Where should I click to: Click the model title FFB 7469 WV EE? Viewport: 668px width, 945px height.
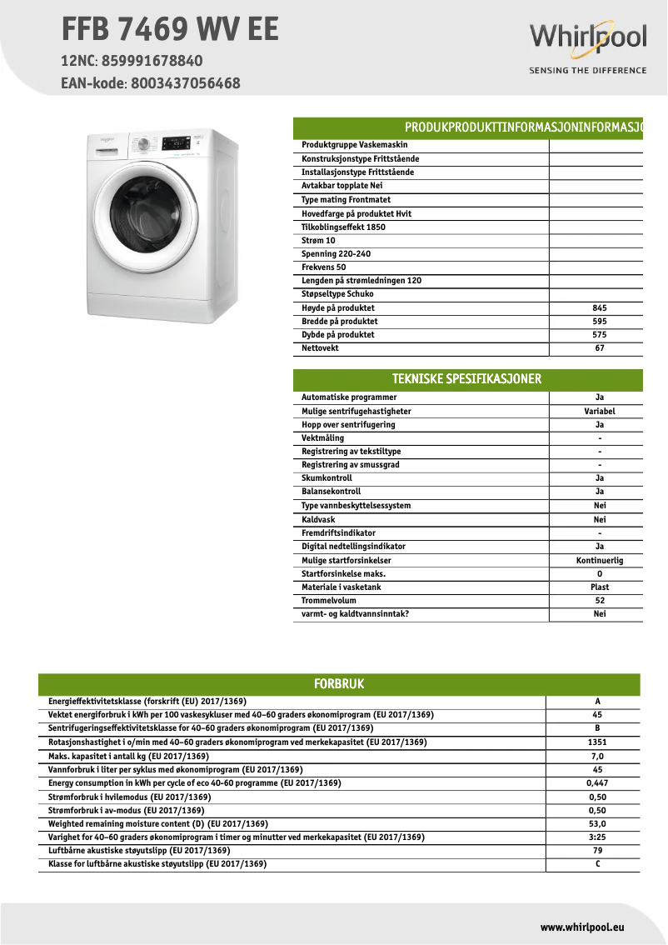pyautogui.click(x=170, y=30)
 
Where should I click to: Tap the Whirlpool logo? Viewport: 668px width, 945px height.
pyautogui.click(x=588, y=39)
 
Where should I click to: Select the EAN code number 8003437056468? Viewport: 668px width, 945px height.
pyautogui.click(x=184, y=83)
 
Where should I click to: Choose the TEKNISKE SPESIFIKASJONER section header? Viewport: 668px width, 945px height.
pyautogui.click(x=467, y=379)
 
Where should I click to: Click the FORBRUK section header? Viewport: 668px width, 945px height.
pyautogui.click(x=339, y=684)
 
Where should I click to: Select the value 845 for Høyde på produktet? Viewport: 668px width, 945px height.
pyautogui.click(x=599, y=307)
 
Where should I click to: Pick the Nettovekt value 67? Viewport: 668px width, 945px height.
pyautogui.click(x=599, y=348)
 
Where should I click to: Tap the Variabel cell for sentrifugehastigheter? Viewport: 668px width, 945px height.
pyautogui.click(x=599, y=411)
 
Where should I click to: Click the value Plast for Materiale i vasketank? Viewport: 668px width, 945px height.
pyautogui.click(x=599, y=587)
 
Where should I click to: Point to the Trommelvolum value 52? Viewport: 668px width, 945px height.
pyautogui.click(x=599, y=600)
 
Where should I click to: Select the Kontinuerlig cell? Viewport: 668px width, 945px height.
pyautogui.click(x=599, y=560)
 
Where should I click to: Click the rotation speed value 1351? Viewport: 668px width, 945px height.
pyautogui.click(x=597, y=742)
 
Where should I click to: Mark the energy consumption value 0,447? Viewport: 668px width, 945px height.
pyautogui.click(x=597, y=782)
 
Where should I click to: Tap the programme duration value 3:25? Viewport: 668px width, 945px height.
pyautogui.click(x=597, y=837)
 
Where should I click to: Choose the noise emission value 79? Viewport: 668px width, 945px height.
pyautogui.click(x=597, y=850)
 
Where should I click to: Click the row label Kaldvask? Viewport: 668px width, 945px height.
pyautogui.click(x=318, y=519)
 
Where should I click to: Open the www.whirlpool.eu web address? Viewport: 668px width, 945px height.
pyautogui.click(x=582, y=927)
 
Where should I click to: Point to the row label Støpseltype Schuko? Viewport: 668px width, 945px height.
pyautogui.click(x=337, y=294)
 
